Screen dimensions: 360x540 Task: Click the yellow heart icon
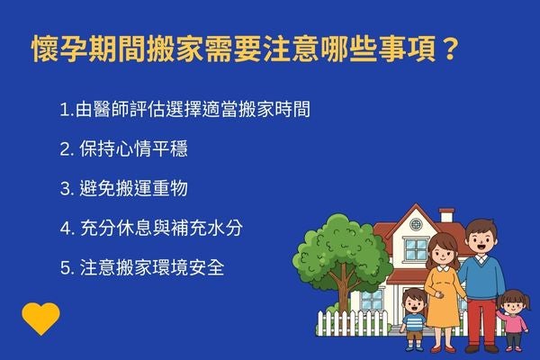point(41,318)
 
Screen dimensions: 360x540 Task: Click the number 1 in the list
point(63,111)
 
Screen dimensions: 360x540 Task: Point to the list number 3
point(65,189)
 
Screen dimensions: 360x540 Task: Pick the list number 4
point(65,229)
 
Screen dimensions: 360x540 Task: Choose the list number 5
point(65,267)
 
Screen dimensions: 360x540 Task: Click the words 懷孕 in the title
point(53,46)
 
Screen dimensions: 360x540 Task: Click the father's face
point(479,238)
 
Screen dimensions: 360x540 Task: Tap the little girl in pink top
point(513,317)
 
